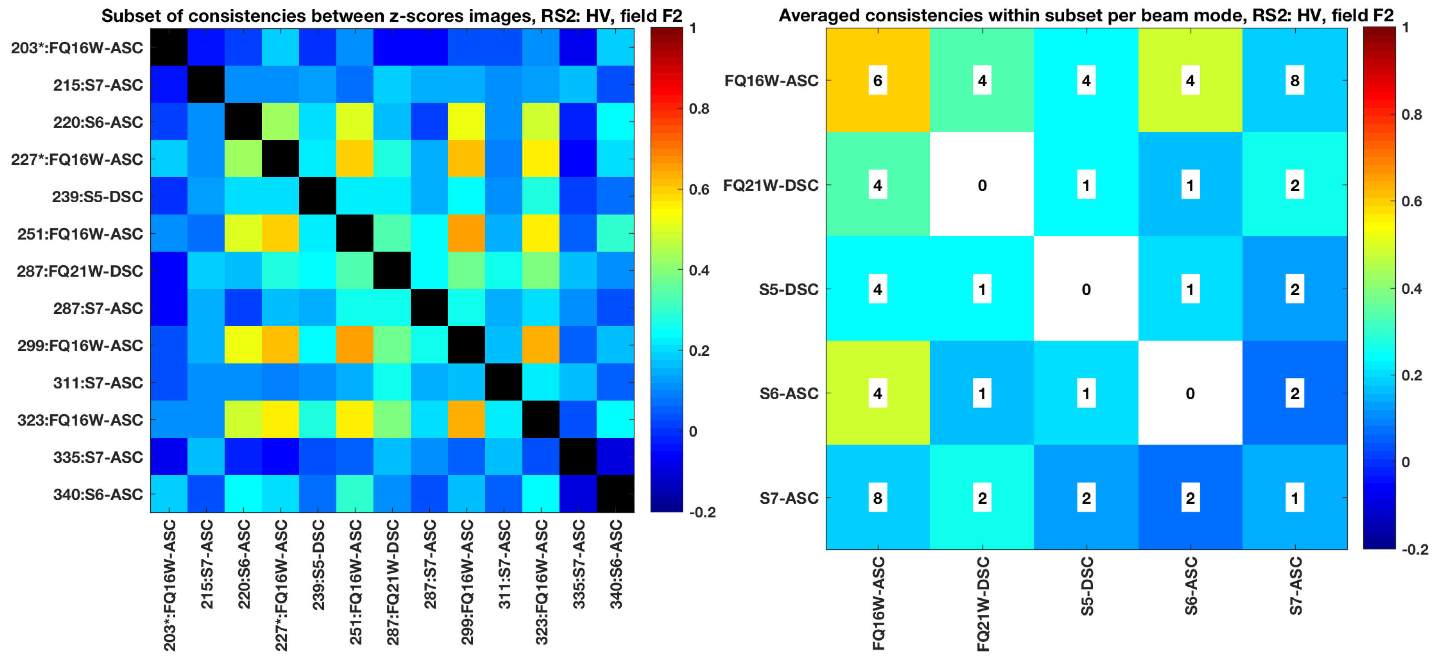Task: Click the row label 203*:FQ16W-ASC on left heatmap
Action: (77, 48)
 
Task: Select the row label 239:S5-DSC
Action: (98, 197)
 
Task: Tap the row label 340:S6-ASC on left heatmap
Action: (98, 495)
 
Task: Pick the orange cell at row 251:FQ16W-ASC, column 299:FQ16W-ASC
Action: (466, 234)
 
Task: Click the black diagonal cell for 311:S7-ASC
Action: (504, 383)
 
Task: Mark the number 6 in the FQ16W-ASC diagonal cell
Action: (877, 81)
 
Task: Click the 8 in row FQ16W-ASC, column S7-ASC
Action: (1294, 81)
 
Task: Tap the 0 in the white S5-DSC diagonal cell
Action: (1086, 289)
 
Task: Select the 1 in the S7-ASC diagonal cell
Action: (1294, 498)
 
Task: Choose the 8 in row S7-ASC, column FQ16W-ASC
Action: (877, 498)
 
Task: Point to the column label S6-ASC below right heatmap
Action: (1191, 586)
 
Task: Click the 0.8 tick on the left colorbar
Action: (699, 109)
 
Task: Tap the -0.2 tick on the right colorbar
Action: (1415, 549)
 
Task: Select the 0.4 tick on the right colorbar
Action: (1411, 288)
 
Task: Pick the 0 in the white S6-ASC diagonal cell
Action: (1190, 394)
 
